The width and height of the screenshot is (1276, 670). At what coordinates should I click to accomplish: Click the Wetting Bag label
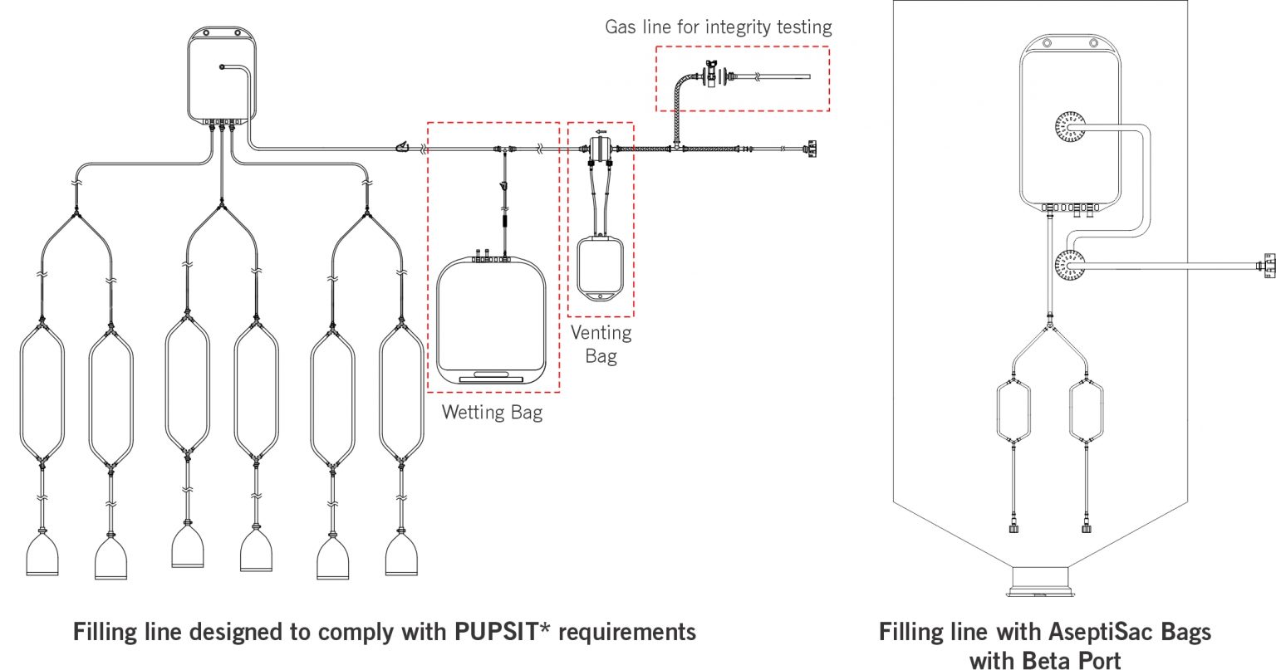[x=492, y=412]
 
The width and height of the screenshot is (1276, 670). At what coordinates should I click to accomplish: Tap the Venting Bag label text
[x=601, y=344]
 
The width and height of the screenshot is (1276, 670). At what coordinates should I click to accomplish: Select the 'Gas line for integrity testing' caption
[x=718, y=27]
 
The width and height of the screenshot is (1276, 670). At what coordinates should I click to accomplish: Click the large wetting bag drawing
[x=491, y=320]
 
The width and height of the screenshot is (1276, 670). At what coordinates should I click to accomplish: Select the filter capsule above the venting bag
[x=600, y=150]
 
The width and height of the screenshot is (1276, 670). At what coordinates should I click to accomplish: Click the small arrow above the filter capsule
[x=601, y=131]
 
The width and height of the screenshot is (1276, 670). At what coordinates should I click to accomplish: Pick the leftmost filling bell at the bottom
[x=42, y=554]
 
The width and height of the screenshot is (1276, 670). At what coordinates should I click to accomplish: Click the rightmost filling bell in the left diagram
[x=401, y=554]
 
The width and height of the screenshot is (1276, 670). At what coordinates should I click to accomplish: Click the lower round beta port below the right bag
[x=1070, y=266]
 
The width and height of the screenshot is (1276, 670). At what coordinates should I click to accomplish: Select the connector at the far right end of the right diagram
[x=1268, y=266]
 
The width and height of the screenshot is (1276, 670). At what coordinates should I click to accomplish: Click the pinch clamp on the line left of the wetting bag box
[x=402, y=148]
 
